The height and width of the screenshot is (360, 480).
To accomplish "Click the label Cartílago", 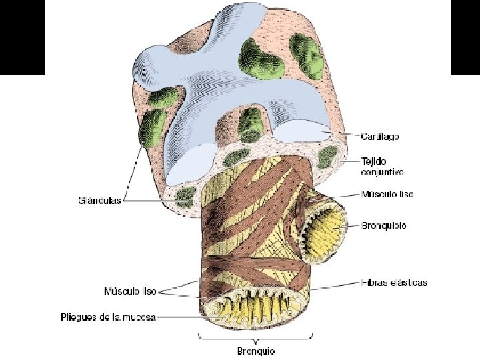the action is click(381, 137).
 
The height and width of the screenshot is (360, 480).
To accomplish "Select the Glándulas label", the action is click(99, 199).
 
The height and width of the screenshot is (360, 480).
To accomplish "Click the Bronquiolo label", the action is click(383, 225).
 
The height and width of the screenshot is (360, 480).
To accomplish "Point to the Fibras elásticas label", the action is click(394, 282).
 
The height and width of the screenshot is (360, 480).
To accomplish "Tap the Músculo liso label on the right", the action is click(387, 194).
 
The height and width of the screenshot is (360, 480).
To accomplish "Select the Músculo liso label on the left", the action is click(130, 291).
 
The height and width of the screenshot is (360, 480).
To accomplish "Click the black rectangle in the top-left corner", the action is click(22, 37).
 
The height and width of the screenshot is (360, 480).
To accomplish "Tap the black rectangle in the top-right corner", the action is click(465, 37).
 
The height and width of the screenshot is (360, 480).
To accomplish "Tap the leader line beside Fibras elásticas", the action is click(337, 285).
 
